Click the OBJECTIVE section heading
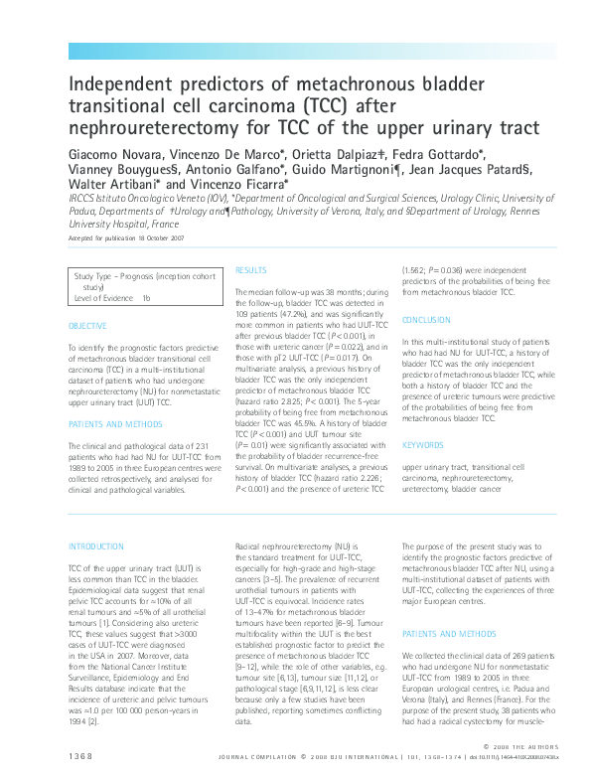tap(87, 326)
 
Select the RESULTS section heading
tap(251, 269)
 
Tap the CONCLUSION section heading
tap(427, 319)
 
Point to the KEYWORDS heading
tap(422, 445)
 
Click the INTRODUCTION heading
tap(96, 546)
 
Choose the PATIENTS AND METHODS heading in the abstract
tap(111, 423)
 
